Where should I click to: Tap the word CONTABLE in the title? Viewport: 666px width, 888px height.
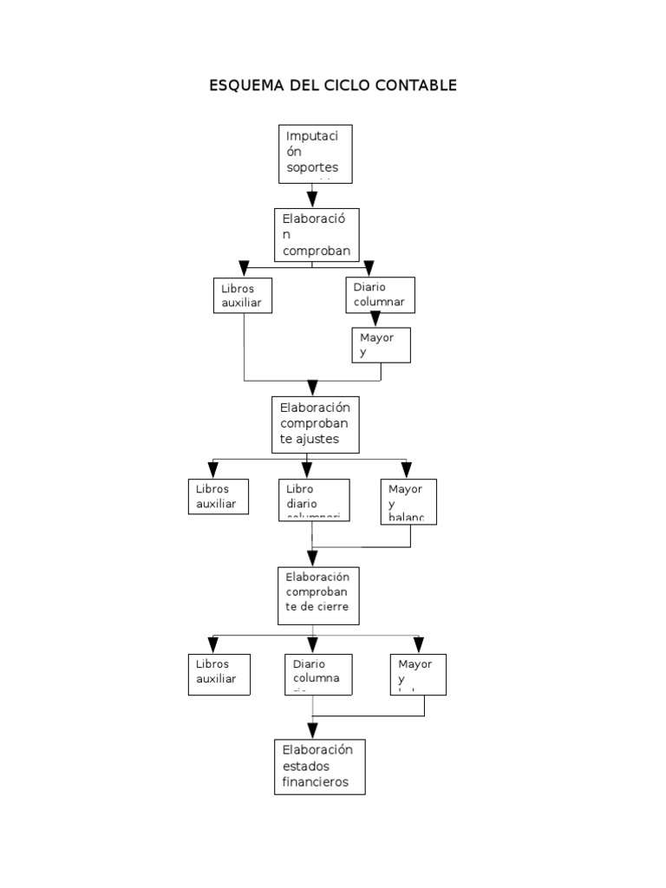click(415, 86)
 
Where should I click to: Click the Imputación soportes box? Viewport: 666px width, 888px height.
click(316, 153)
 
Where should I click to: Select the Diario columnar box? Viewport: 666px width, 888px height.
click(380, 294)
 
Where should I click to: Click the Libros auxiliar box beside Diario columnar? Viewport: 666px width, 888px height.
click(243, 295)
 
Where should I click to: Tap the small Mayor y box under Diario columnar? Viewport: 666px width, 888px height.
click(381, 344)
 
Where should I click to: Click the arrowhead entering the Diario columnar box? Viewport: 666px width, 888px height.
click(369, 269)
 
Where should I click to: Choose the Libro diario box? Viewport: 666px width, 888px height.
click(313, 499)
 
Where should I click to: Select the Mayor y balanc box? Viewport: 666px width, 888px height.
click(408, 501)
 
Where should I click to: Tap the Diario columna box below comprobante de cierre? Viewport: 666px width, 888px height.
click(318, 674)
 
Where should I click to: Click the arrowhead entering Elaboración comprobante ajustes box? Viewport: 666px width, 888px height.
click(313, 388)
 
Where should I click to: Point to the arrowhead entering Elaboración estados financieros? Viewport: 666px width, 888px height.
click(313, 729)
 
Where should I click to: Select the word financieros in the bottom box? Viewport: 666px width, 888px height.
click(315, 781)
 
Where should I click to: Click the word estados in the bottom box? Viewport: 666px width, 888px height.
click(305, 767)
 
